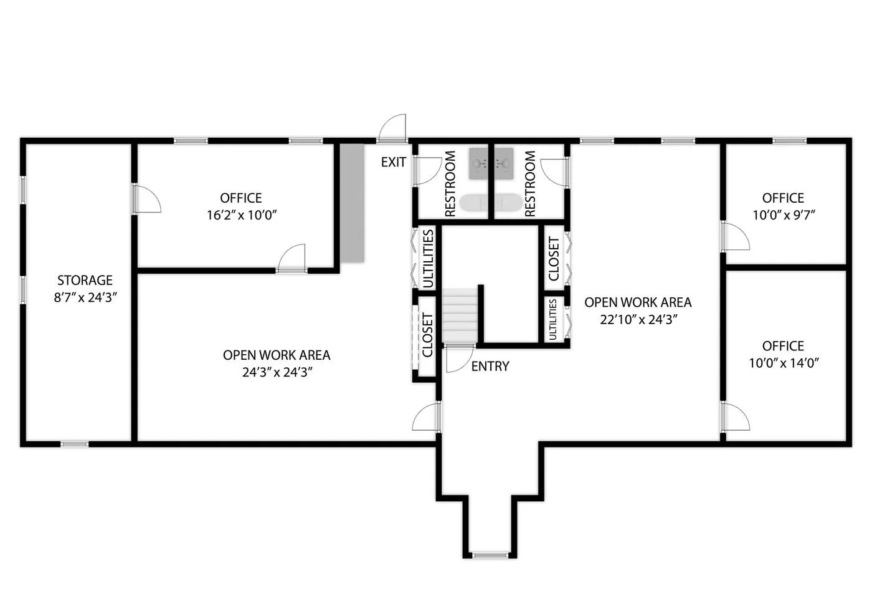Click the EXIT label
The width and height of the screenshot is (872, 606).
(x=393, y=161)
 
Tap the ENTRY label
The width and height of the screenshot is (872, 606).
(x=490, y=367)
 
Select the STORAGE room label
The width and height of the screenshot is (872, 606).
(x=85, y=280)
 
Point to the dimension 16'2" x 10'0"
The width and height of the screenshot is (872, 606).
(x=242, y=215)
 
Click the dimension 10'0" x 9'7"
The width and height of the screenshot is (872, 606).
(x=784, y=215)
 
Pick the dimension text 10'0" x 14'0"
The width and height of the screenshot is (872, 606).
(x=784, y=363)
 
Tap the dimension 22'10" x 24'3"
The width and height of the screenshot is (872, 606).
(x=638, y=320)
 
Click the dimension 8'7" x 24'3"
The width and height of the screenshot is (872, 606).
(x=85, y=298)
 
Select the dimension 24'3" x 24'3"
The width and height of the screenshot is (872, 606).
(x=277, y=373)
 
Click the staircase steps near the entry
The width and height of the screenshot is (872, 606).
(x=460, y=315)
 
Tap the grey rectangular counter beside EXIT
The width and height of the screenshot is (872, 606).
(x=353, y=203)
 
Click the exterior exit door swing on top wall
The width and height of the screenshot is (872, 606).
(x=392, y=128)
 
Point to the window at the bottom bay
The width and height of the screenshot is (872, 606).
(x=490, y=555)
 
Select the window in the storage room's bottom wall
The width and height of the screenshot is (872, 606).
(x=74, y=444)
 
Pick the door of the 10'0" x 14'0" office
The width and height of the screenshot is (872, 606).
(x=735, y=416)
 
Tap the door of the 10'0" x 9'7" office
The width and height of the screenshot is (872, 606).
(x=735, y=236)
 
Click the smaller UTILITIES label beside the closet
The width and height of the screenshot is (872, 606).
(x=553, y=320)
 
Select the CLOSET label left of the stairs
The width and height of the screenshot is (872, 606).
(x=427, y=335)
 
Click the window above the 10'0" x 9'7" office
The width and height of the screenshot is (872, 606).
(x=790, y=141)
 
